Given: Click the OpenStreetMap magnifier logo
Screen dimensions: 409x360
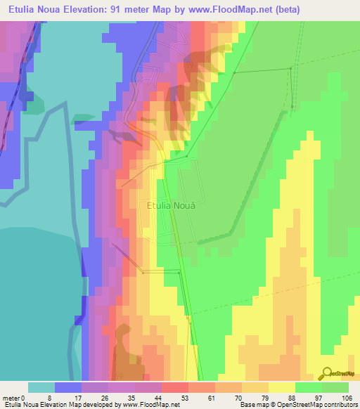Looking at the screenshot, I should (x=328, y=372).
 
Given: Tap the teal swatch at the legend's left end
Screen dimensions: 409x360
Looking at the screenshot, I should (x=41, y=387).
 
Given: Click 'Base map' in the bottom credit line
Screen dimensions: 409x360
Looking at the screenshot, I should (x=252, y=404).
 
